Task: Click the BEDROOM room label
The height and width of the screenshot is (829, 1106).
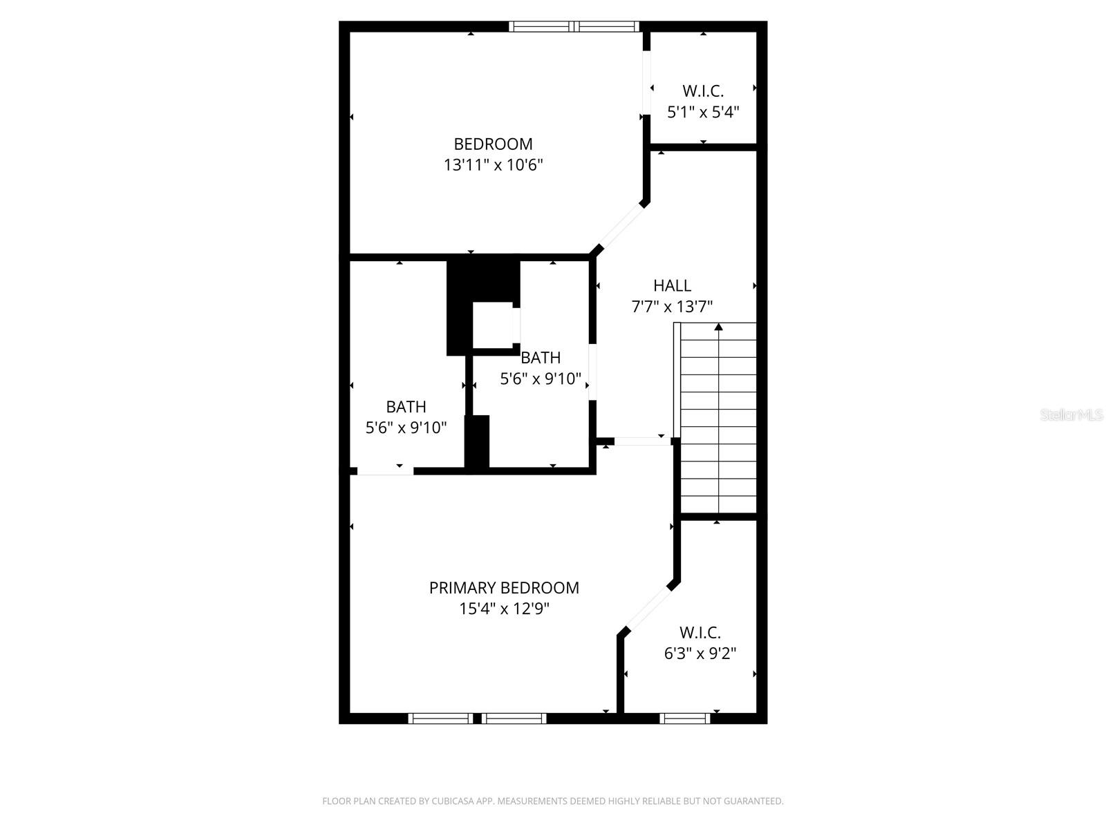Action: click(493, 144)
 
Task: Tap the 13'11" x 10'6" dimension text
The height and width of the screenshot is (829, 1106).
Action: click(493, 165)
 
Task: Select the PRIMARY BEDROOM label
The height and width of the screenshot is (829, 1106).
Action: click(504, 588)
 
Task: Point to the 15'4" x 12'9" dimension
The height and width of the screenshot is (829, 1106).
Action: click(504, 609)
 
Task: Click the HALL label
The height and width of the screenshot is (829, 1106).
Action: click(672, 286)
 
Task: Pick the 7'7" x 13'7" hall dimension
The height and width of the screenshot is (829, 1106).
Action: click(672, 307)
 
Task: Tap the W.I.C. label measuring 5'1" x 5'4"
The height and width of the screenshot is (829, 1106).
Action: click(703, 91)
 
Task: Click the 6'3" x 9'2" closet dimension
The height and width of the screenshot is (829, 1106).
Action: click(700, 654)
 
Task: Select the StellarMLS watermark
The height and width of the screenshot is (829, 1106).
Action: click(1071, 414)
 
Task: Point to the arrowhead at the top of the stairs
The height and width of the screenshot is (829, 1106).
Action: click(718, 327)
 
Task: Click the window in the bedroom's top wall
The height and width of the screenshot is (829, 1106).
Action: click(574, 27)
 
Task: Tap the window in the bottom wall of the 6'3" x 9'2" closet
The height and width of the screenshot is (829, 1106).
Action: click(685, 718)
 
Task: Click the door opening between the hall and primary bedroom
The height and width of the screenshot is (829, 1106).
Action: click(642, 441)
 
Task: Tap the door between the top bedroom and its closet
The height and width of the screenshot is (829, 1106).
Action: click(646, 82)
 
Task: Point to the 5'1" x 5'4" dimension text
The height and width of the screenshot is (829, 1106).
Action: click(703, 112)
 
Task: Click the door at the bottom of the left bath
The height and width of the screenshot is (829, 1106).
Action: click(386, 471)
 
